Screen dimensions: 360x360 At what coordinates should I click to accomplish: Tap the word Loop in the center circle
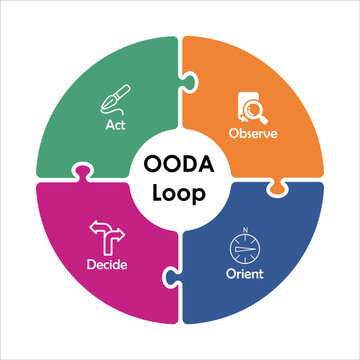tap(180, 190)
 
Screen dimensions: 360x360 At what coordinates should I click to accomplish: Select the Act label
tap(115, 126)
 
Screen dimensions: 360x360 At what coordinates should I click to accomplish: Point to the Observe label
tap(252, 132)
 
